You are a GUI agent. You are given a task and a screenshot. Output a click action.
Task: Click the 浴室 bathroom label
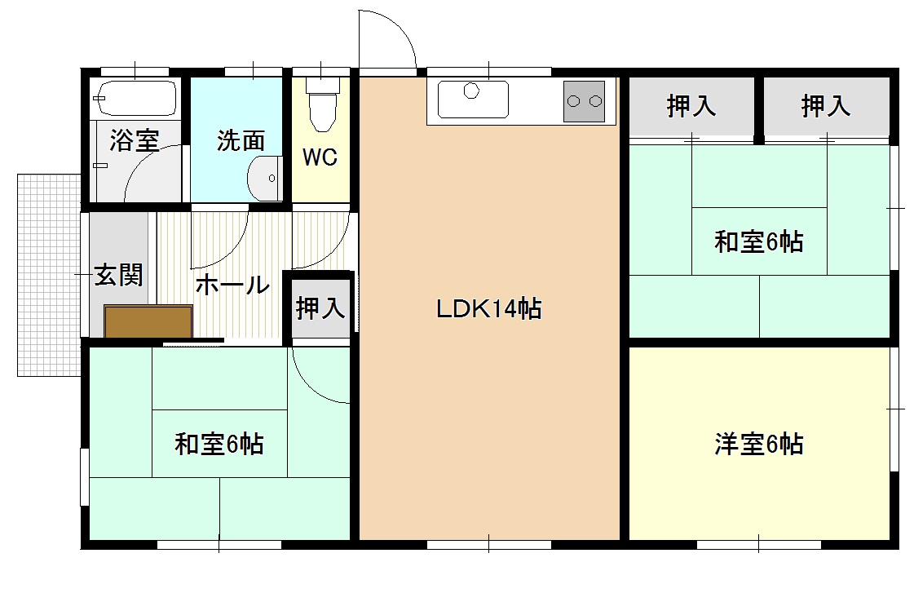134,140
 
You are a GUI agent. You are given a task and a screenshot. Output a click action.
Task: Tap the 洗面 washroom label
241,140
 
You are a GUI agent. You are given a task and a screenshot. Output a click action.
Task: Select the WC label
320,157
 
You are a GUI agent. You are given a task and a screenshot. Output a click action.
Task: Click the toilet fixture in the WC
321,104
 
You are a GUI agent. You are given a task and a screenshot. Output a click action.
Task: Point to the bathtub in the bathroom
135,98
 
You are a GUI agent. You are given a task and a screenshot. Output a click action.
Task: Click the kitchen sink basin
471,100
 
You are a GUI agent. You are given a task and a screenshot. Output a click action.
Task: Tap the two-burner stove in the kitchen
584,101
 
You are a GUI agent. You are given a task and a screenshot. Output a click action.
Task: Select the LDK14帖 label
488,309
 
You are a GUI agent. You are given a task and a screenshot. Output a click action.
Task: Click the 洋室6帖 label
758,444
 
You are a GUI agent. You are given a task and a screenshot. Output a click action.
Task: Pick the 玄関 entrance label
119,275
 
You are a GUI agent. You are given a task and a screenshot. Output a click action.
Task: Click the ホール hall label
232,285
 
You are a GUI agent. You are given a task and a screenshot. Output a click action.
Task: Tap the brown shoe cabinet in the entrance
148,321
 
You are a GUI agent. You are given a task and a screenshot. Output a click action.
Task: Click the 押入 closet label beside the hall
320,308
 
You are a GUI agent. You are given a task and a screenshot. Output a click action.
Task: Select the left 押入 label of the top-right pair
691,106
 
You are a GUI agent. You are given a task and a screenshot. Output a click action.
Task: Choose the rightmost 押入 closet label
825,106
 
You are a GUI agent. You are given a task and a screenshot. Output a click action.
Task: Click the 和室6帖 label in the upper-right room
758,241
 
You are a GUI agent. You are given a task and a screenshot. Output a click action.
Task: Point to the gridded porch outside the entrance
48,274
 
